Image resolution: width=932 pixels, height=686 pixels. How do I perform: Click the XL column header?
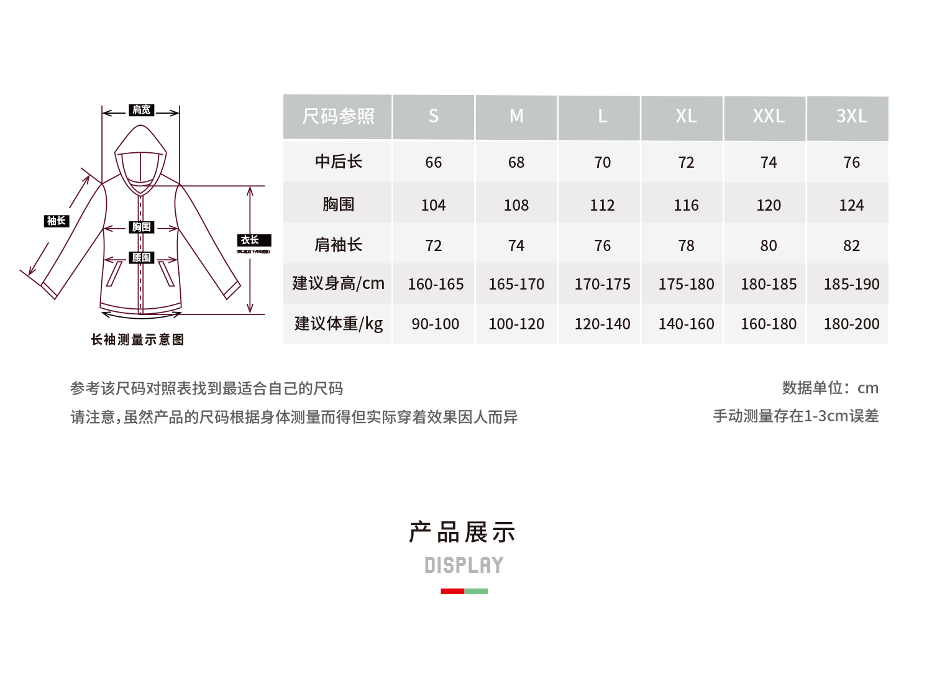(686, 116)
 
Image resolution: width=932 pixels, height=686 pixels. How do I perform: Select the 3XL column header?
(851, 116)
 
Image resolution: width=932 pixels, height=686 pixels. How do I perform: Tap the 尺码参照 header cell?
(338, 116)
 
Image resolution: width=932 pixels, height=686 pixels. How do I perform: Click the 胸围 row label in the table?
(338, 204)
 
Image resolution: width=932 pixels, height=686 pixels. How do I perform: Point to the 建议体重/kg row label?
(338, 324)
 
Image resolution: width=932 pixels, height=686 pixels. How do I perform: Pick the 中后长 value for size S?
(433, 163)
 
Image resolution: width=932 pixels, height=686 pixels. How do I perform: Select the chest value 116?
(686, 205)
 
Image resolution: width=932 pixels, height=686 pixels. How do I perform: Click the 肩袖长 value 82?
(851, 246)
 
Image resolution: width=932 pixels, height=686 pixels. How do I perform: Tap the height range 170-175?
(602, 285)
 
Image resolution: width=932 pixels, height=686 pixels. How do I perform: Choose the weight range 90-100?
(435, 324)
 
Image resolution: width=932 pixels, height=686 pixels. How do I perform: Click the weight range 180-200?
(851, 324)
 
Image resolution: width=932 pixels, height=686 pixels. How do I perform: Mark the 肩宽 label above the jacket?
(141, 110)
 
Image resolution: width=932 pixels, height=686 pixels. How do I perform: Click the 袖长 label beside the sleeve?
(57, 221)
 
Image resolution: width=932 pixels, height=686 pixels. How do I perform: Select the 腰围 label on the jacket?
(141, 257)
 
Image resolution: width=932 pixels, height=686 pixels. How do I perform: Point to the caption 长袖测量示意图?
(137, 339)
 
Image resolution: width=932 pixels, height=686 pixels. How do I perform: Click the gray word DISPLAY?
(464, 565)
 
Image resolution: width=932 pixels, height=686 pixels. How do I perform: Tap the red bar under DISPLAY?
(452, 592)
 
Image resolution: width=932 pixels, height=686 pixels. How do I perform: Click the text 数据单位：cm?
(830, 388)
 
